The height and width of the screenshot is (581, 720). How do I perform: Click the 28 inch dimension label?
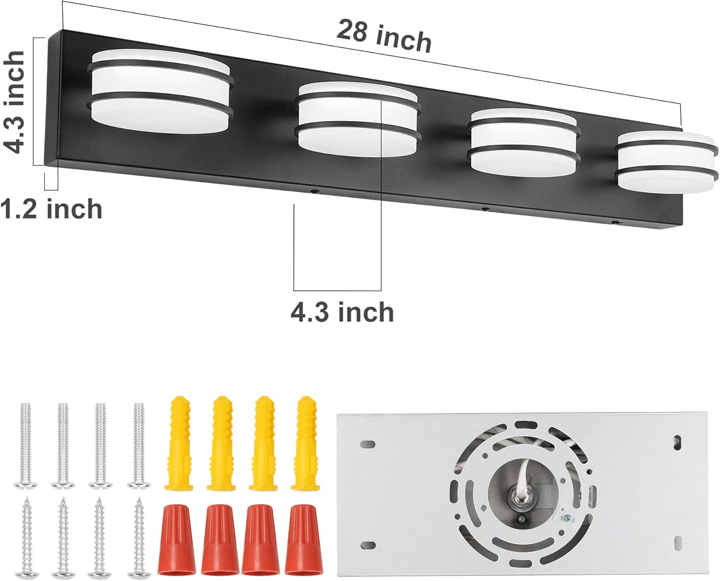(x=384, y=36)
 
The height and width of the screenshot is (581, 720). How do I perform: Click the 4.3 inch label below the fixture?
(x=342, y=312)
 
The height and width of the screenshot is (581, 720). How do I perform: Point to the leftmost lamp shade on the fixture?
(x=160, y=91)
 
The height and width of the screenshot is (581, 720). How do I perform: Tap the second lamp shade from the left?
(x=357, y=116)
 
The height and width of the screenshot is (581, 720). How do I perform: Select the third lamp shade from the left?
(x=525, y=140)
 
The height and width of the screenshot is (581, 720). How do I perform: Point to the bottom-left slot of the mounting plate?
(x=369, y=545)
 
